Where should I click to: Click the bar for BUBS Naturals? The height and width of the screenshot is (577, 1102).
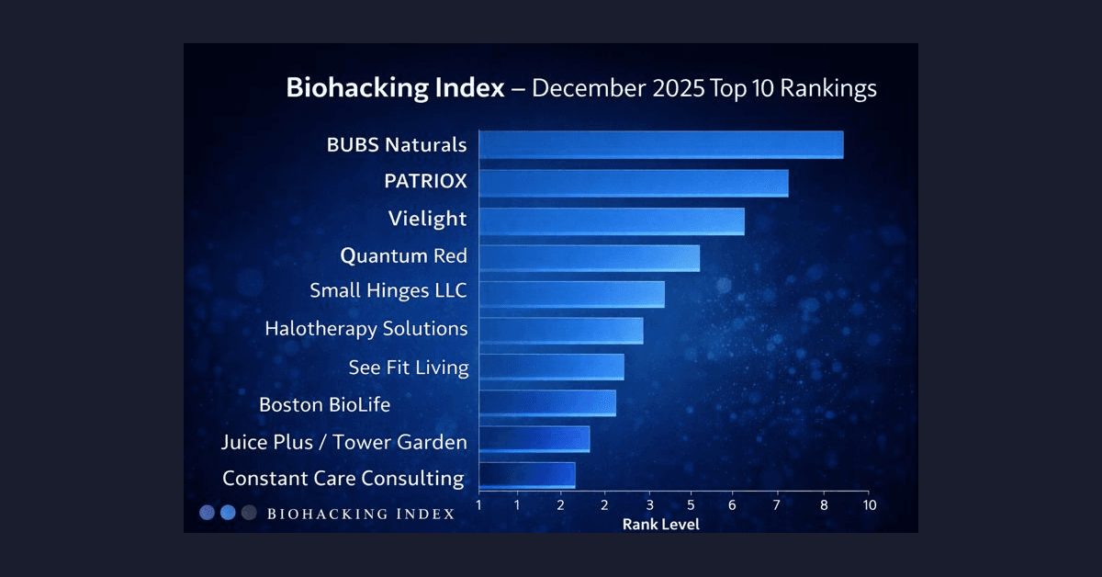pyautogui.click(x=660, y=145)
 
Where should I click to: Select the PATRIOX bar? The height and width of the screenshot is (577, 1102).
pyautogui.click(x=633, y=183)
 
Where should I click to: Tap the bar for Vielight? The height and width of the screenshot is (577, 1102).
pyautogui.click(x=611, y=221)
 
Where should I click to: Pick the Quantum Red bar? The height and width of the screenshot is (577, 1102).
pyautogui.click(x=589, y=257)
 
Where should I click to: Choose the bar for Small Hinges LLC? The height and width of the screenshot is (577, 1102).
pyautogui.click(x=571, y=294)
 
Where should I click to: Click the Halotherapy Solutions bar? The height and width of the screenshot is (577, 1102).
pyautogui.click(x=560, y=331)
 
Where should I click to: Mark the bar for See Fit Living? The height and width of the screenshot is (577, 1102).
pyautogui.click(x=551, y=368)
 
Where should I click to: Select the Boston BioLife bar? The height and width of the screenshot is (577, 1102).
pyautogui.click(x=546, y=403)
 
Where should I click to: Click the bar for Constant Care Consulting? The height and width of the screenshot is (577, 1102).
pyautogui.click(x=526, y=476)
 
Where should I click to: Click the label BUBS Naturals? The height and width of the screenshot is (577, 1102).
pyautogui.click(x=397, y=145)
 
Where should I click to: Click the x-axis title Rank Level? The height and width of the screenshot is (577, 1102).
pyautogui.click(x=660, y=525)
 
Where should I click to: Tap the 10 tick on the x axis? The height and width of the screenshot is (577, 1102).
pyautogui.click(x=869, y=505)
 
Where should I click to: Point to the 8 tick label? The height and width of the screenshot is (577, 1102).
pyautogui.click(x=823, y=505)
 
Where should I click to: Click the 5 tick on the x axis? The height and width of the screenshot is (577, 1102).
pyautogui.click(x=691, y=505)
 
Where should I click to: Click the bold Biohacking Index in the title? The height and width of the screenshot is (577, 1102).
pyautogui.click(x=395, y=88)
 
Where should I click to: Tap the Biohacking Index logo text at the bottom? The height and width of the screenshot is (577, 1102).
pyautogui.click(x=360, y=514)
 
